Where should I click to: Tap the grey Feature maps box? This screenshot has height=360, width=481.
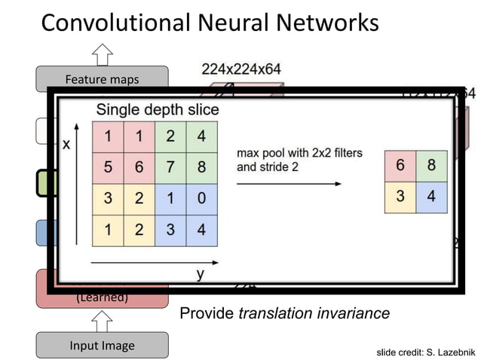pyautogui.click(x=102, y=79)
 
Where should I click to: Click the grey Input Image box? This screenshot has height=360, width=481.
pyautogui.click(x=102, y=346)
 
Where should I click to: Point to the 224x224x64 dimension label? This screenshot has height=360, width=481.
pyautogui.click(x=241, y=69)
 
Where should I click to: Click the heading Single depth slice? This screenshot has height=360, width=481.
pyautogui.click(x=157, y=110)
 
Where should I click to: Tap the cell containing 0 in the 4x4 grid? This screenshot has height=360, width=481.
pyautogui.click(x=201, y=200)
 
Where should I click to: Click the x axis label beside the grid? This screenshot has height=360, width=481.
pyautogui.click(x=66, y=145)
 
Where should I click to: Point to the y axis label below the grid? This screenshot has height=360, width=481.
pyautogui.click(x=201, y=274)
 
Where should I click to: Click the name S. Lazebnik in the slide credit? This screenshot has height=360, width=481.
pyautogui.click(x=448, y=352)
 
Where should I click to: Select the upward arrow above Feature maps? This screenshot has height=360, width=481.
pyautogui.click(x=102, y=54)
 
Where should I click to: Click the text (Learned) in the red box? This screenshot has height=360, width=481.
pyautogui.click(x=102, y=297)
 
